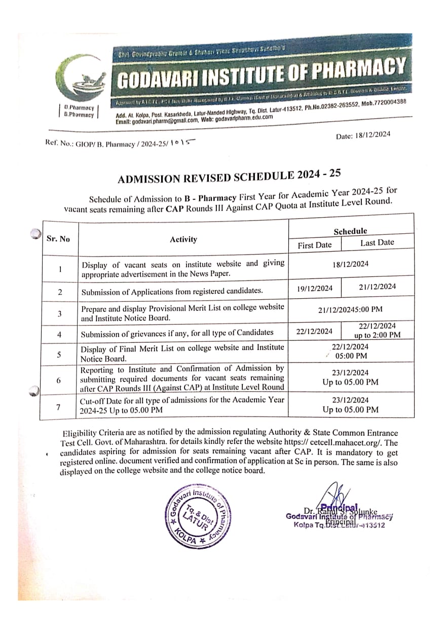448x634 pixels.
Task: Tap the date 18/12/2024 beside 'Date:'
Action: (374, 134)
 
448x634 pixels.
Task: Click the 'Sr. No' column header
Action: (58, 238)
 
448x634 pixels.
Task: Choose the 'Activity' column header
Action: (183, 239)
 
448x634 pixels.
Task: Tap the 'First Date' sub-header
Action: (315, 245)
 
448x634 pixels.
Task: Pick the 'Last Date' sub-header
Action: (377, 242)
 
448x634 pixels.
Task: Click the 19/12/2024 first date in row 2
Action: (315, 288)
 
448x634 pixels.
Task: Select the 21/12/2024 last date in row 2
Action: (378, 287)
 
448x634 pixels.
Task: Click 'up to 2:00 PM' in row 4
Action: (378, 335)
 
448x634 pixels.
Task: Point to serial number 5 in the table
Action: (60, 355)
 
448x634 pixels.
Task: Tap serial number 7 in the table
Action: (60, 406)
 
